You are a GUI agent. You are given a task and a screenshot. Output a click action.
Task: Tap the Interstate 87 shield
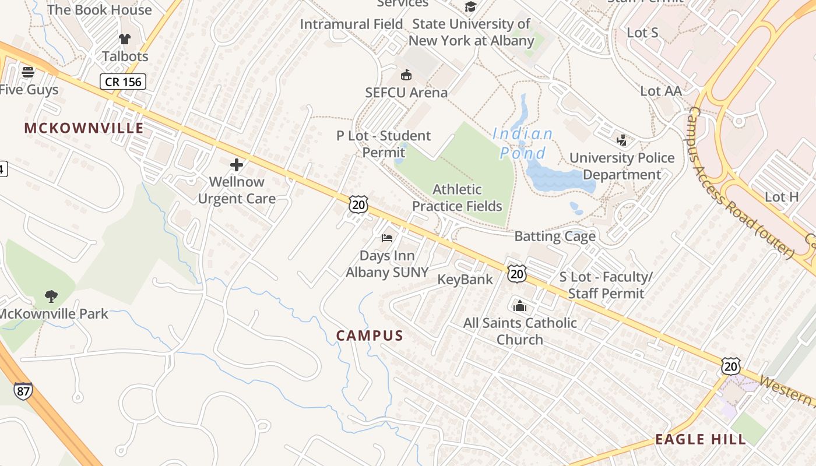(x=23, y=391)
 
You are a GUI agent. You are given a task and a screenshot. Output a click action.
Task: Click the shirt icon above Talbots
(x=125, y=39)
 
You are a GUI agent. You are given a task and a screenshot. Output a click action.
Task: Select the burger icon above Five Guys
(x=27, y=72)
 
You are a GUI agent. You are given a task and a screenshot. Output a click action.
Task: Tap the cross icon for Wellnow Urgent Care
(x=237, y=165)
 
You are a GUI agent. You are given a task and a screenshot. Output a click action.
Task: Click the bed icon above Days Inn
(x=387, y=238)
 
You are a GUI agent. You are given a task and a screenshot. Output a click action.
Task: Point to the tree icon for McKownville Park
(x=51, y=296)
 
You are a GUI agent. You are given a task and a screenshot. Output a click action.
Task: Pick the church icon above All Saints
(x=520, y=305)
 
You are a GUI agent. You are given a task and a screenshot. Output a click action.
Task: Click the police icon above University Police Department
(x=621, y=140)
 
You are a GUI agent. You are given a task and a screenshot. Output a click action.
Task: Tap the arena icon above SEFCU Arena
(x=406, y=75)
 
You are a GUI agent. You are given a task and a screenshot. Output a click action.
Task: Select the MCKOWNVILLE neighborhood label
(x=84, y=128)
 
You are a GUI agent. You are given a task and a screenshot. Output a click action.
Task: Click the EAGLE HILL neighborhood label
(x=701, y=439)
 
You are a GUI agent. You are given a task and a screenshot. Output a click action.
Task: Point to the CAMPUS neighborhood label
(x=370, y=336)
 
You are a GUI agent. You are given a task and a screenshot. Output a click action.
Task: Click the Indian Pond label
(x=523, y=143)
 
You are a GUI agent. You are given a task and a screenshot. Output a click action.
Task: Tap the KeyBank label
(x=465, y=280)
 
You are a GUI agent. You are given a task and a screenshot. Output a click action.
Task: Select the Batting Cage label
(x=555, y=236)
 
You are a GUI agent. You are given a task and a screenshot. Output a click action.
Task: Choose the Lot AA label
(x=661, y=91)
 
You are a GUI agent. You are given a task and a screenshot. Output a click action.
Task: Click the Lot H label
(x=782, y=197)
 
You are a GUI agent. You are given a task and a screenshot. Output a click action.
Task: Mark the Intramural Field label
(x=351, y=24)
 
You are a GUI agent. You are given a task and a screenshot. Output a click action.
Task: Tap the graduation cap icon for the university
(x=470, y=7)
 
